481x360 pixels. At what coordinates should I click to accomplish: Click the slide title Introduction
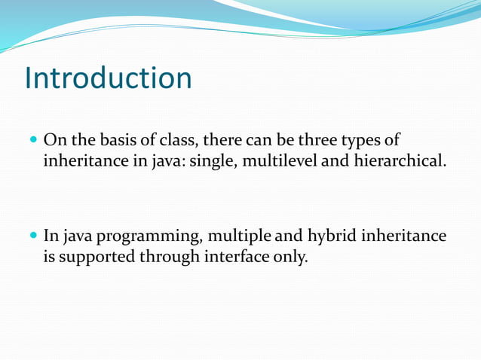coord(108,78)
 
